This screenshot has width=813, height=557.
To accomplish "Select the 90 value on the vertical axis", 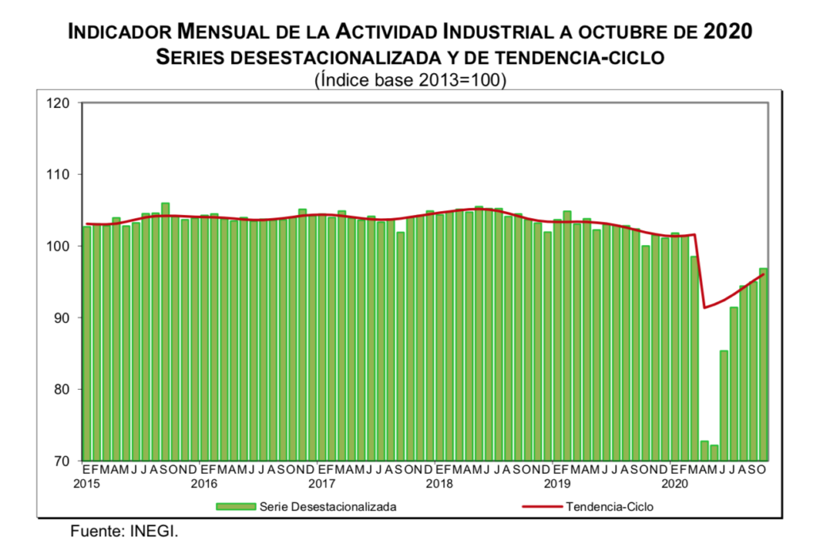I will click(x=62, y=318).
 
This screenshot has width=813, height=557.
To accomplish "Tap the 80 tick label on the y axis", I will click(x=62, y=390).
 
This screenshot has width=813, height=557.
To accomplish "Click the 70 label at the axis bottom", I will click(x=62, y=461).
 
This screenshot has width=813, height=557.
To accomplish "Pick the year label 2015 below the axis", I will click(x=87, y=483).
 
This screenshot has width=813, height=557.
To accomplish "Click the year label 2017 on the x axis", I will click(x=321, y=483).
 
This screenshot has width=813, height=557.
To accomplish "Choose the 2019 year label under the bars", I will click(x=557, y=483).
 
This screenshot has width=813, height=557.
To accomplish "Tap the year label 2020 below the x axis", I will click(x=675, y=483).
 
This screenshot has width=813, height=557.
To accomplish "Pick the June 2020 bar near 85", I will click(x=724, y=405).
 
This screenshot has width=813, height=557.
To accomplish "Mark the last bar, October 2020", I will click(x=763, y=364).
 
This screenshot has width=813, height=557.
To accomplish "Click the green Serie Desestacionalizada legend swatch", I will click(x=236, y=505).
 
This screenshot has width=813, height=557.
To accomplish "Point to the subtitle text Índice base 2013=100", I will click(x=411, y=80).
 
